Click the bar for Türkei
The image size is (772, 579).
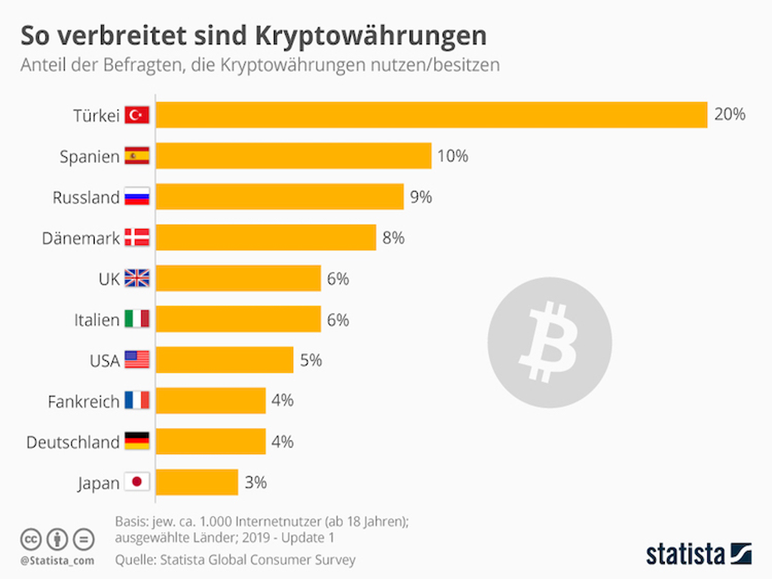[x=431, y=115]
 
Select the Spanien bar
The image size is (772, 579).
[x=293, y=156]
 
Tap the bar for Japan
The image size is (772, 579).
[x=197, y=482]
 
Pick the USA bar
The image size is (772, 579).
[x=225, y=360]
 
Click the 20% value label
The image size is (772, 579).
[x=730, y=115]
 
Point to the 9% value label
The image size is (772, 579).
[x=421, y=198]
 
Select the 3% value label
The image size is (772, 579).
[x=256, y=482]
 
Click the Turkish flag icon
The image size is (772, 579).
[x=137, y=115]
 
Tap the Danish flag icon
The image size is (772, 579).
[x=137, y=238]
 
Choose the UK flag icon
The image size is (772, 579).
[x=137, y=279]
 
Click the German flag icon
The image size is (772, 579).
[x=137, y=442]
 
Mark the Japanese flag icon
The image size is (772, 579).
[x=137, y=482]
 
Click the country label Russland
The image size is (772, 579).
[x=86, y=198]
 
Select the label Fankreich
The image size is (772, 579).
[x=84, y=402]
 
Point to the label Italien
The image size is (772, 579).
[x=96, y=320]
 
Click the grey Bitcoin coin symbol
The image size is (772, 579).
[x=549, y=342]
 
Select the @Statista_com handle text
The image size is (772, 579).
[x=57, y=560]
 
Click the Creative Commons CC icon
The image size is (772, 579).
[x=30, y=540]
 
